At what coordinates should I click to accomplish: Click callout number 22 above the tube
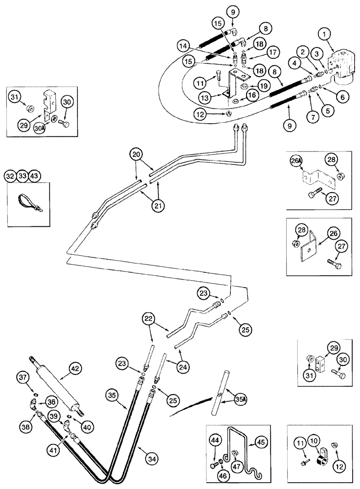tap(149, 318)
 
